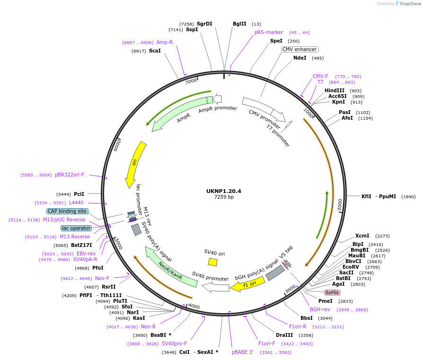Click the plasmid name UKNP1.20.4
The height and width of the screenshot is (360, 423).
(223, 191)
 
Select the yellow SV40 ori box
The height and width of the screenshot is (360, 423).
(213, 262)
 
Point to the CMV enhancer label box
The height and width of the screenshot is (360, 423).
(300, 49)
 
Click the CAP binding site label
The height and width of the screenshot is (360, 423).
(67, 211)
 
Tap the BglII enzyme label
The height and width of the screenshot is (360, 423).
(239, 24)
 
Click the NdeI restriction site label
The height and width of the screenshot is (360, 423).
(300, 58)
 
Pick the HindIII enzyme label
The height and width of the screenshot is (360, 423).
(335, 90)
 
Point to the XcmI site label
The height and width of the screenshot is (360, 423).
(362, 236)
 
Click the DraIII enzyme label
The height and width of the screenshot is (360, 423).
(284, 335)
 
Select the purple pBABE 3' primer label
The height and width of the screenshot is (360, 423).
(243, 352)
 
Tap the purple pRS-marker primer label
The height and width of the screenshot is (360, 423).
(269, 32)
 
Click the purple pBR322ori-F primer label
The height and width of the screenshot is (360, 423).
(70, 175)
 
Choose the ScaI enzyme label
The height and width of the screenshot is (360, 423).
(155, 51)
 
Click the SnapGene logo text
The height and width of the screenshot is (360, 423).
(409, 4)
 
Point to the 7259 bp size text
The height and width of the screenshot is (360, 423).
(224, 197)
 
